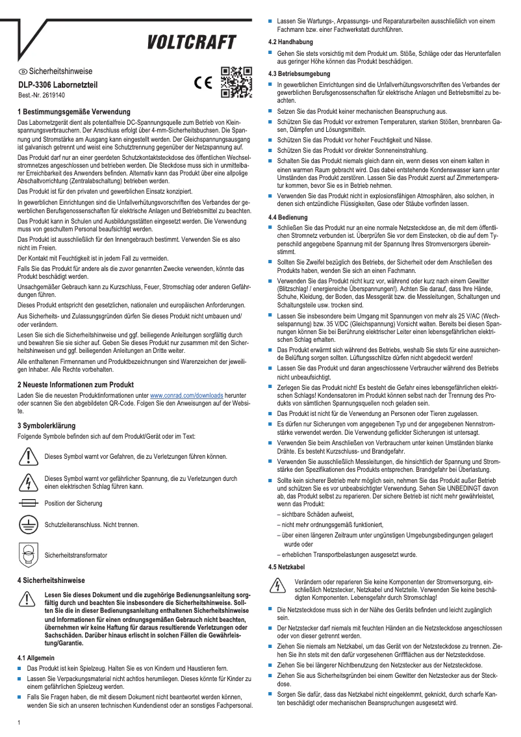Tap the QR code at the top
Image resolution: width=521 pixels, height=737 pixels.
[236, 82]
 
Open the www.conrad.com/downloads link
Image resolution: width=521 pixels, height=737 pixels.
[186, 394]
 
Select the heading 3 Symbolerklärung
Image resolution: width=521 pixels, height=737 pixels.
[51, 425]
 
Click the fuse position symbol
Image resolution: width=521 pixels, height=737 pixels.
[28, 503]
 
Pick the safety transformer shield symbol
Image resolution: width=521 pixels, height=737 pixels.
[27, 555]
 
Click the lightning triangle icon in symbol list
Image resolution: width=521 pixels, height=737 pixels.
[27, 482]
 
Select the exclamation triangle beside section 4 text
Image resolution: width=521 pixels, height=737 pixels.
[27, 599]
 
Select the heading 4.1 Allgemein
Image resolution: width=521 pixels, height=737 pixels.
[36, 658]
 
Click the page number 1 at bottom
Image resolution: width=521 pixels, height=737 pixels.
[19, 721]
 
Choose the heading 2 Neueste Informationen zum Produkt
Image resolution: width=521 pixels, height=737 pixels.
[75, 384]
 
